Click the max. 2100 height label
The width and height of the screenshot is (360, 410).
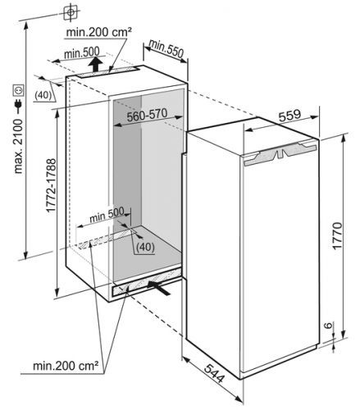18,146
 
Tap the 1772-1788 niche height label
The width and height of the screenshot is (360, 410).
51,185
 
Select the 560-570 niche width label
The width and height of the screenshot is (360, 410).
147,115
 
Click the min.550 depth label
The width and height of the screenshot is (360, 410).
166,48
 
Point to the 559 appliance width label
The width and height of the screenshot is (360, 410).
289,115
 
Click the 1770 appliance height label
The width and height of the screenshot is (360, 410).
337,235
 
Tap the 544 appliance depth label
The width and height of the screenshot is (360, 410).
215,373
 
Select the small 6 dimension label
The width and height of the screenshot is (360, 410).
328,326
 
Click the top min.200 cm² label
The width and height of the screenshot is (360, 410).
99,33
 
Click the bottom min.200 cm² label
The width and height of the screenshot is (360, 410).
66,366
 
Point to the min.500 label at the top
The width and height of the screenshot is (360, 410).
82,52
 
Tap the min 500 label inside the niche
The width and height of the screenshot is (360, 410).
107,215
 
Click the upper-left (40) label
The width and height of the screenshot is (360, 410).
43,95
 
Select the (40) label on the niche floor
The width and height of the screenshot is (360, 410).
145,247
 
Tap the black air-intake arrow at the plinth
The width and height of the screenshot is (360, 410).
159,288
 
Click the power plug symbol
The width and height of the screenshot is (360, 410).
18,106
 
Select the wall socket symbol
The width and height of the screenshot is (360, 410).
18,90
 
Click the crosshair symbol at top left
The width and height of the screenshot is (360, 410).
71,12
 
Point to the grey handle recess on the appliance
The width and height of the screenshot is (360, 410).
280,154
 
